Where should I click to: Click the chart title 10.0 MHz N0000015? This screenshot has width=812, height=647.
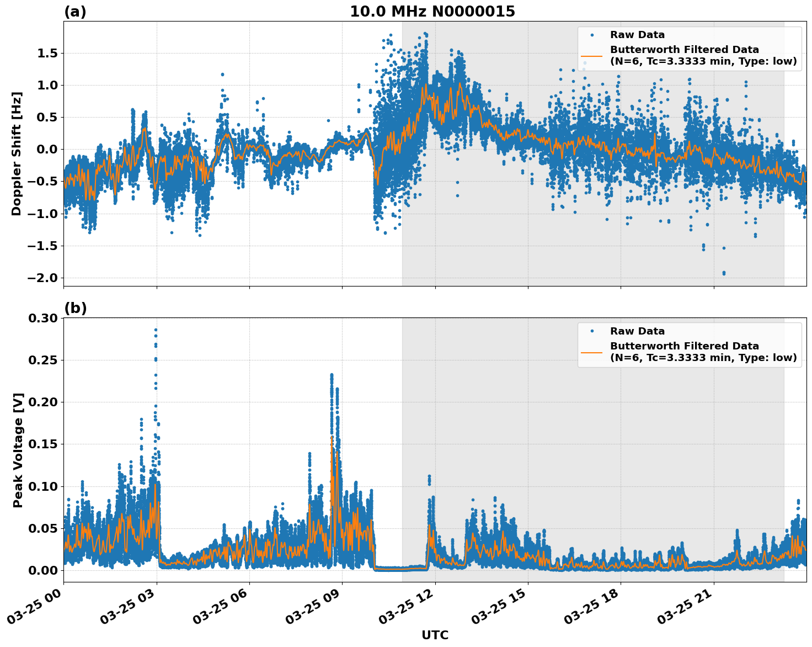tap(432, 12)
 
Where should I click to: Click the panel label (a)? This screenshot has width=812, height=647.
tap(75, 12)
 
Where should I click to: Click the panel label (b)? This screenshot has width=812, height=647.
tap(75, 308)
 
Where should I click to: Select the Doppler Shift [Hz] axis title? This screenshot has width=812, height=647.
tap(17, 153)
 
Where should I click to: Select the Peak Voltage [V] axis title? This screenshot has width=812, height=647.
tap(18, 450)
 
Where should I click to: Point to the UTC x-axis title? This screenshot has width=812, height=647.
tap(435, 635)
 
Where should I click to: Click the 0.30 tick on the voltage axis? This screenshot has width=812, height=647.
tap(42, 319)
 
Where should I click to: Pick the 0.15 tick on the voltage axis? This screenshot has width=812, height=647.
tap(42, 444)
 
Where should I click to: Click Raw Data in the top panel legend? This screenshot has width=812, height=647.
tap(637, 35)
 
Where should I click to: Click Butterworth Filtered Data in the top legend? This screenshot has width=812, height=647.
tap(684, 50)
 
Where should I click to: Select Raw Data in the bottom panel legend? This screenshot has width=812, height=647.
tap(637, 331)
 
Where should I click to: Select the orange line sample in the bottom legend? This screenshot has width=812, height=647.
tap(592, 352)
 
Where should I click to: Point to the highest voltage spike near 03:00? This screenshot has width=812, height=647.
tap(156, 330)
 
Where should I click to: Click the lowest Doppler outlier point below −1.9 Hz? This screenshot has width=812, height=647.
tap(724, 273)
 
